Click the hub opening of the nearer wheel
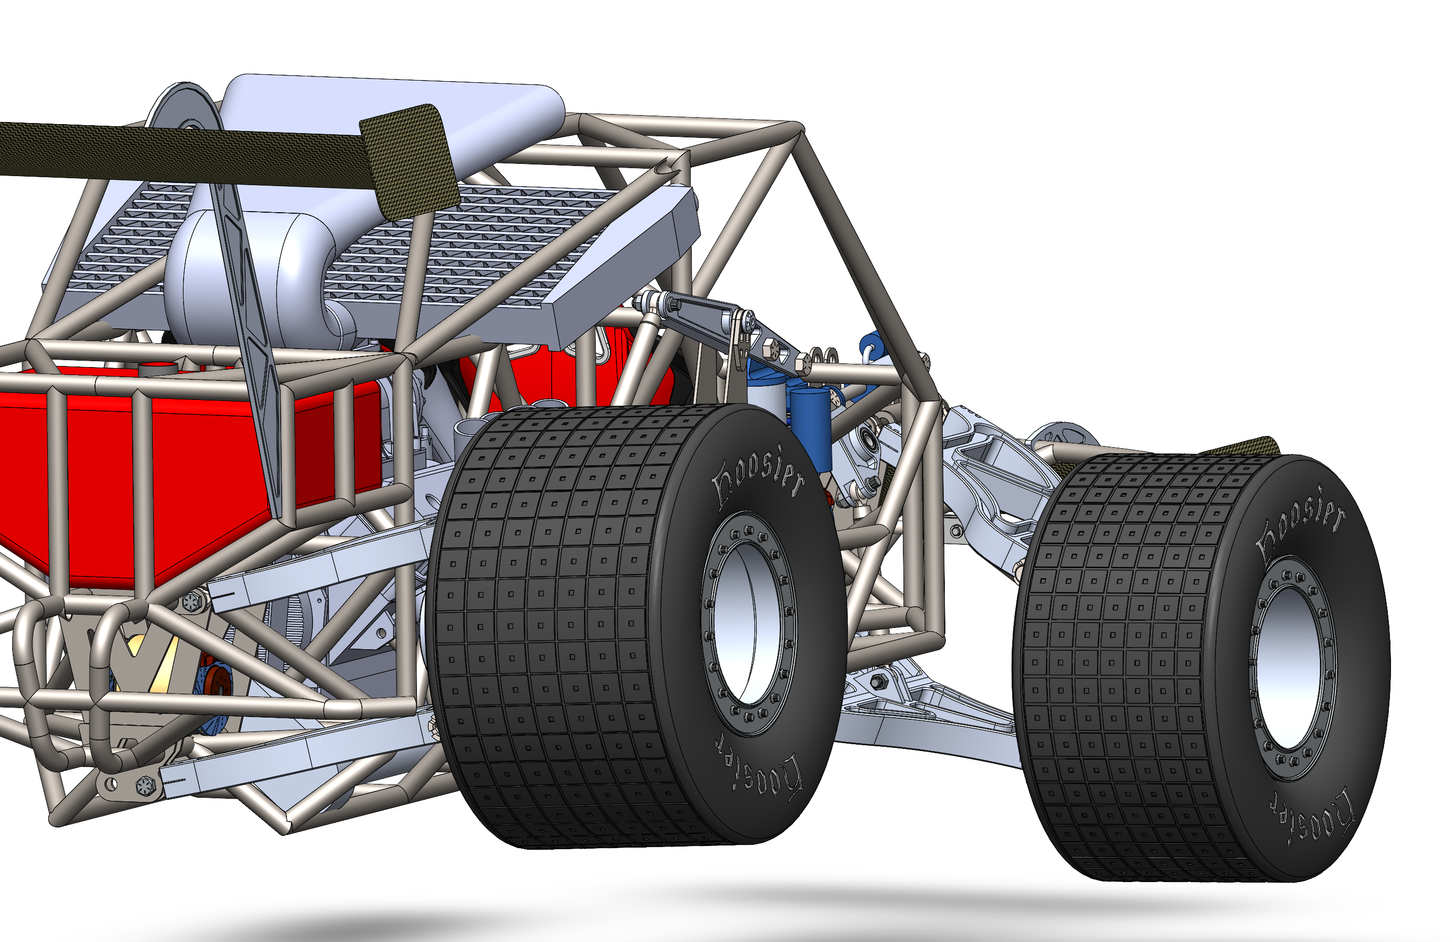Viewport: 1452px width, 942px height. pos(748,623)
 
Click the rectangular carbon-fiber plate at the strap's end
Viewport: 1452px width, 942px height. pos(410,162)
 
